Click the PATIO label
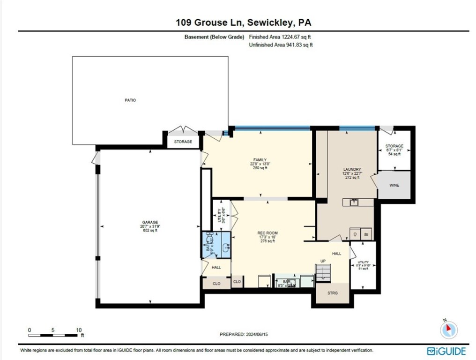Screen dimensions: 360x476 coord(130,100)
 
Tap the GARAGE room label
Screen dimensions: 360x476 coord(150,223)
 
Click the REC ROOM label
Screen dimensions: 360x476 coord(268,233)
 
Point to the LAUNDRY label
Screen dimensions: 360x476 coord(351,169)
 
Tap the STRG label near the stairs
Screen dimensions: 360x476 coord(332,293)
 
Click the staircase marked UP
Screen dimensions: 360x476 coord(323,272)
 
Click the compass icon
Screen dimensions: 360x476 coord(448,330)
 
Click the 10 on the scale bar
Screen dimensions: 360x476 coord(78,330)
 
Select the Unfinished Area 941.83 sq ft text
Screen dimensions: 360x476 coord(281,45)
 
